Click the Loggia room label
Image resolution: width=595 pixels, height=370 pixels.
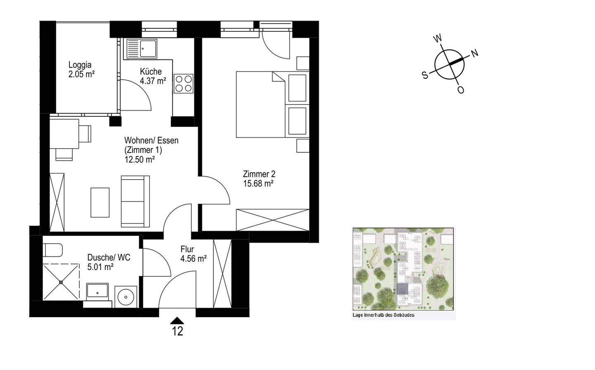click(80, 65)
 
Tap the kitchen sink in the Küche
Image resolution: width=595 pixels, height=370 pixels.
click(142, 49)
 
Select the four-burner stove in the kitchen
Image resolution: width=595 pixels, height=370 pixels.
click(183, 83)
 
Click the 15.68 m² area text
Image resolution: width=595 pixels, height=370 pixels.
click(258, 183)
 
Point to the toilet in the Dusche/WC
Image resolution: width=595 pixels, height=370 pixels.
click(53, 250)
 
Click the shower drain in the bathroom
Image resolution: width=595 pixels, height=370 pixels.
click(61, 282)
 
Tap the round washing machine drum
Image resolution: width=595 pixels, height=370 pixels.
click(126, 297)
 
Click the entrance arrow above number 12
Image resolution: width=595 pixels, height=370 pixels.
click(177, 320)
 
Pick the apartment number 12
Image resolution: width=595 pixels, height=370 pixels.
click(177, 331)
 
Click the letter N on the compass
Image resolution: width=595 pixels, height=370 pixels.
click(475, 53)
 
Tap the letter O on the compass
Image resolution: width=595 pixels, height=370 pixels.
click(461, 90)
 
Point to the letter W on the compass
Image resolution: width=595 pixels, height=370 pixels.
click(438, 39)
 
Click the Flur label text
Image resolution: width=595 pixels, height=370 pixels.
click(187, 249)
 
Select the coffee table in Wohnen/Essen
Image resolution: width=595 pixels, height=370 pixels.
click(100, 202)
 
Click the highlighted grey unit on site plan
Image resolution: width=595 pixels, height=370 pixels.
click(402, 289)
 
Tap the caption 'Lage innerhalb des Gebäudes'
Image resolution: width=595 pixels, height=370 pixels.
click(383, 315)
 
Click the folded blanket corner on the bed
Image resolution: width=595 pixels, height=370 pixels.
click(278, 77)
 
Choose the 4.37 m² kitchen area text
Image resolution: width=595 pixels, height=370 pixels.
click(153, 81)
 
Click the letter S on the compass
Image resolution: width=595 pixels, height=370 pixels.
click(425, 76)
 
